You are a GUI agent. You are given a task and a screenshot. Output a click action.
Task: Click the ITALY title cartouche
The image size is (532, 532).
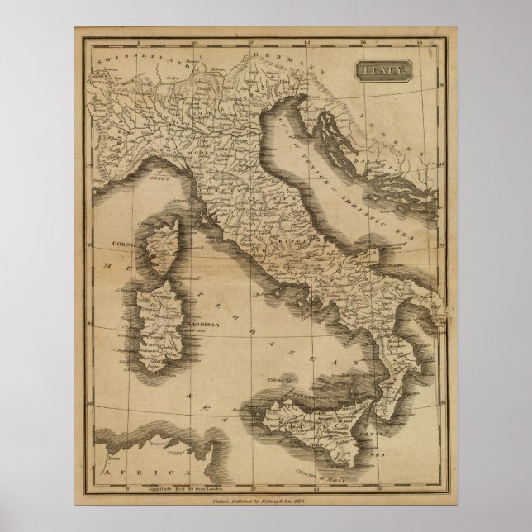tap(381, 72)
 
